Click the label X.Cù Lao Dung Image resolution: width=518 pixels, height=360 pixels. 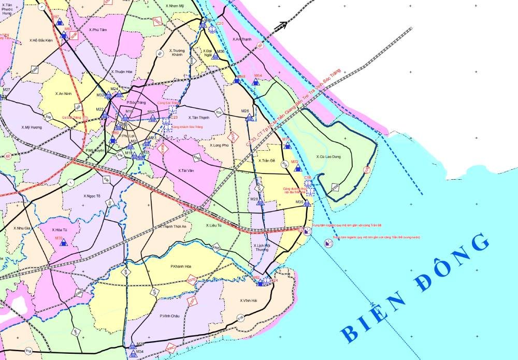[x=329, y=156]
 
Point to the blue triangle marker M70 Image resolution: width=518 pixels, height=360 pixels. [x=64, y=243]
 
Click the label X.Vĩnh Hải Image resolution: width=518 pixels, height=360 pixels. [x=249, y=301]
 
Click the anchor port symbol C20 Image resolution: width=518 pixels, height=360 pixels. [x=212, y=29]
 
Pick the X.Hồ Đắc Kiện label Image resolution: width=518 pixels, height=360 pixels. [x=41, y=40]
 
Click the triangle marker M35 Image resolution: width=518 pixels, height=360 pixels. [x=307, y=203]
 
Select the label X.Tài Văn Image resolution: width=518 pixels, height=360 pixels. [x=185, y=170]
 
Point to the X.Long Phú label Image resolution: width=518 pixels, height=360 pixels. [x=219, y=145]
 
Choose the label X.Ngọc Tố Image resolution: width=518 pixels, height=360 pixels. [x=92, y=196]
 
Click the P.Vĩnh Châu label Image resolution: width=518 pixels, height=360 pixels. [x=170, y=315]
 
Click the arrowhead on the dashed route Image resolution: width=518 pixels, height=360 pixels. [x=283, y=24]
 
